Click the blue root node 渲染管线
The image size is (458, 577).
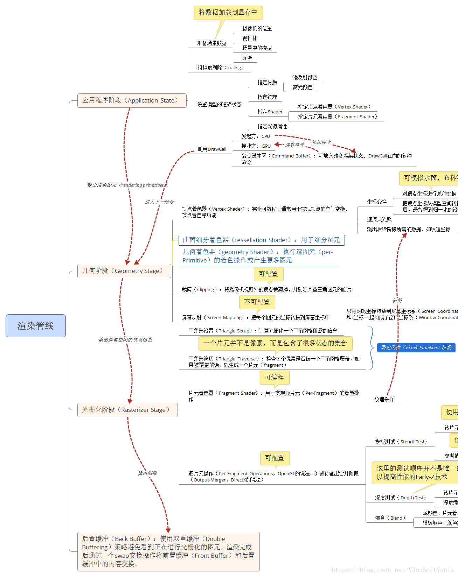click(35, 326)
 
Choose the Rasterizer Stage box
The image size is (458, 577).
click(127, 410)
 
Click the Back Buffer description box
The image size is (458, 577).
click(168, 551)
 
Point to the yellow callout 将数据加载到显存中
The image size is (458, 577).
click(228, 13)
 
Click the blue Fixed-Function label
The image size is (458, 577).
click(416, 347)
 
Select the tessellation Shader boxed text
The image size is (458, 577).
click(261, 240)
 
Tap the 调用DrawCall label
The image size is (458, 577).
click(211, 149)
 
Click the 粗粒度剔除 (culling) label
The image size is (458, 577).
click(220, 68)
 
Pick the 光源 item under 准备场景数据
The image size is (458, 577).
click(247, 58)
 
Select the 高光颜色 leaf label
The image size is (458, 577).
click(303, 87)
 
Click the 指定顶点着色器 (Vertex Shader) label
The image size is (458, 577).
click(334, 107)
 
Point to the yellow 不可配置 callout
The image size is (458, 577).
click(257, 302)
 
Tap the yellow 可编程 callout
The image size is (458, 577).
click(274, 377)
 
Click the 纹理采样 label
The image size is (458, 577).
click(384, 399)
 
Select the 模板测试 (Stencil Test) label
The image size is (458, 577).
click(401, 442)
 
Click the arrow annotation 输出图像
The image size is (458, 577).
click(147, 473)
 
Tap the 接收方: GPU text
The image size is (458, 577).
click(256, 146)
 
